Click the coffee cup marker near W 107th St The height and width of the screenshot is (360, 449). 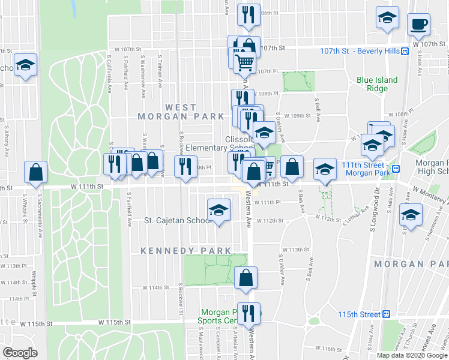[x=418, y=25]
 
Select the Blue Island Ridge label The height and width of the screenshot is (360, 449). [x=377, y=84]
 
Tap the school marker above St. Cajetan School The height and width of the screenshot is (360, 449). [x=218, y=211]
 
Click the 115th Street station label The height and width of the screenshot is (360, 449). [x=360, y=314]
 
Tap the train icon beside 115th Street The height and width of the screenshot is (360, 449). [x=387, y=314]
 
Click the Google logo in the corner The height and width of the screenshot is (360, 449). [x=20, y=353]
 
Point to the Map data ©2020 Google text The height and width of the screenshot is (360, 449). [x=412, y=355]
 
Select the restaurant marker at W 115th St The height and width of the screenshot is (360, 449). [x=247, y=313]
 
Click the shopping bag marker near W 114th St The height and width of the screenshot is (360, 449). [x=246, y=278]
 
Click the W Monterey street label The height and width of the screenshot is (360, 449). [x=429, y=196]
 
